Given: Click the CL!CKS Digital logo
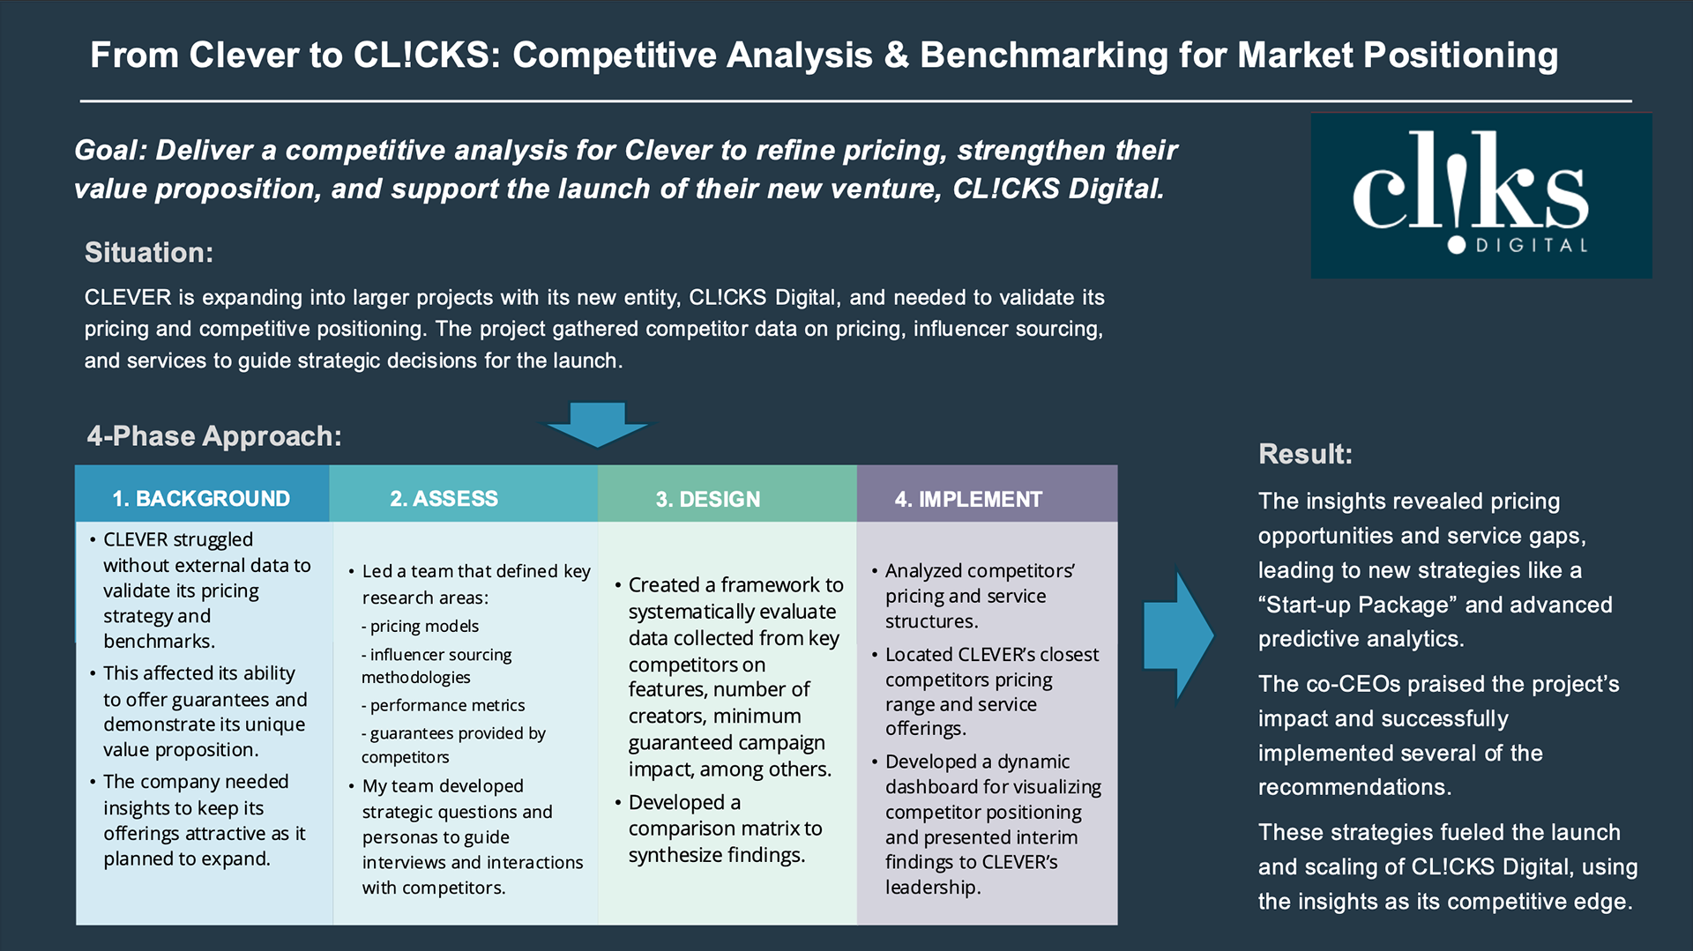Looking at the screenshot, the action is [x=1480, y=195].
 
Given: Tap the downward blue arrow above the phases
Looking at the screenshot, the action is [x=597, y=424].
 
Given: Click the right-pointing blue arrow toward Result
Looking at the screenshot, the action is [x=1177, y=635].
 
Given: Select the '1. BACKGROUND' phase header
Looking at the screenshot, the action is [x=201, y=498].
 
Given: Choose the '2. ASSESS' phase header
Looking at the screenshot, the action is [x=444, y=498].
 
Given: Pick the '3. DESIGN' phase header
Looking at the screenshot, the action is [x=707, y=499].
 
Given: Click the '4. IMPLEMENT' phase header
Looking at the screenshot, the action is [x=968, y=499].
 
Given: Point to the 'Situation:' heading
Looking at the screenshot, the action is [x=149, y=253].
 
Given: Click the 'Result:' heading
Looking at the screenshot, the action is [x=1305, y=454].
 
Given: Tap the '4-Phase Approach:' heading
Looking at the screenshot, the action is [x=214, y=435].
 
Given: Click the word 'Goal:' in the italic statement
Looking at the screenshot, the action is [x=110, y=150].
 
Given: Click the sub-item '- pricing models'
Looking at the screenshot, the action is [x=421, y=626].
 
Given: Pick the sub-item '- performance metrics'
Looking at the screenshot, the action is [x=444, y=705].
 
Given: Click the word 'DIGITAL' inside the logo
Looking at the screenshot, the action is [x=1532, y=246].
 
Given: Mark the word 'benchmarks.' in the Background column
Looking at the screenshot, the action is [x=159, y=641].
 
